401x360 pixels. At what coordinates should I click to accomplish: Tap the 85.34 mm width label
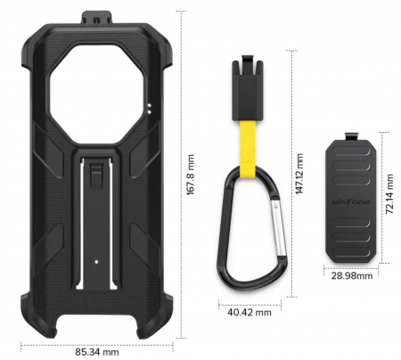(97, 352)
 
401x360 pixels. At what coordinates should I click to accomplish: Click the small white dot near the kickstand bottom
(95, 262)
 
